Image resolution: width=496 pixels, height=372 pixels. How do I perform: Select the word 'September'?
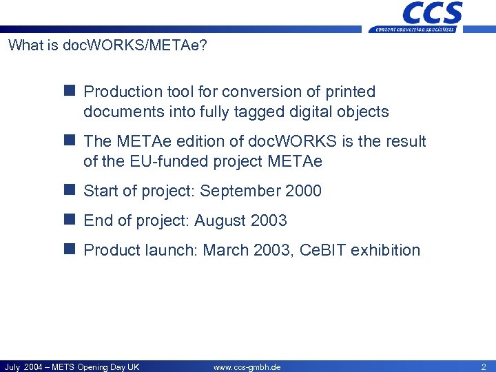point(239,191)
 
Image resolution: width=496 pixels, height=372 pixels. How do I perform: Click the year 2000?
point(303,191)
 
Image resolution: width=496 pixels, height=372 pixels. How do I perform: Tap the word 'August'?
point(220,220)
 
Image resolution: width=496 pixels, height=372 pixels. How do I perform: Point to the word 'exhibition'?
point(385,250)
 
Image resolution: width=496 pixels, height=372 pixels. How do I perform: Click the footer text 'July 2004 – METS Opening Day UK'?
point(72,366)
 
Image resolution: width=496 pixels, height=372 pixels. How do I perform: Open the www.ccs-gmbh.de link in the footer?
point(247,366)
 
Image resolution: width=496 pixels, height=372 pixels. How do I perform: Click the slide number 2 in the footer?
point(483,366)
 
